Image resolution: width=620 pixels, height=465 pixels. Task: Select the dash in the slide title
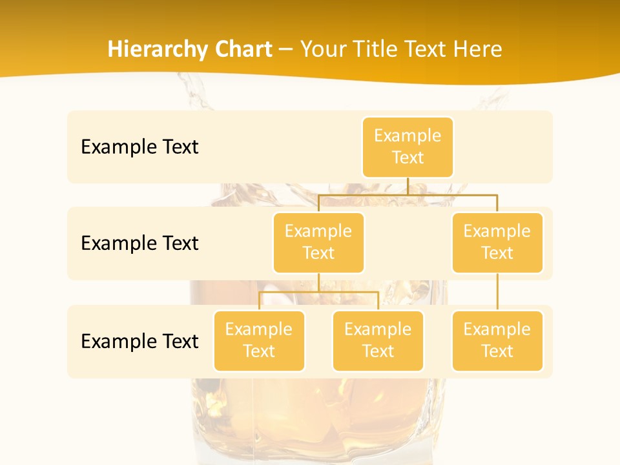coord(285,49)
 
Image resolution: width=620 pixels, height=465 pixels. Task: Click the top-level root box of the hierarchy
coord(408,147)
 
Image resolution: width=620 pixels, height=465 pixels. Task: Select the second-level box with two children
coord(318,243)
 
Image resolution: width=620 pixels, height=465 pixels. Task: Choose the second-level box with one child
coord(497,243)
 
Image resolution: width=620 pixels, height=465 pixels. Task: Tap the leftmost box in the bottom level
coord(259,341)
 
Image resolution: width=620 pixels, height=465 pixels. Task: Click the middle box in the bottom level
coord(378,341)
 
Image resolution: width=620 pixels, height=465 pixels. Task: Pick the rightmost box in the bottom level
coord(497,341)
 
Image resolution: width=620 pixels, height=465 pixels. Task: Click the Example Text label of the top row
coord(139,147)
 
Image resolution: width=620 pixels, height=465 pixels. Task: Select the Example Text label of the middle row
coord(139,243)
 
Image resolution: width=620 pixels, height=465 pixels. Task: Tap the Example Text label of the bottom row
coord(139,341)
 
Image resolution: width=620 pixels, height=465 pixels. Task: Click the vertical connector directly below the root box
coord(408,186)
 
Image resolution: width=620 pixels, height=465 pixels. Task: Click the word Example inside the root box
coord(408,136)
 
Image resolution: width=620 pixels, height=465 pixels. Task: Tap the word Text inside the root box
coord(408,158)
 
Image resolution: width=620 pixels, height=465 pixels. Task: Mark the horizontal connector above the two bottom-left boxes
coord(318,292)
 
